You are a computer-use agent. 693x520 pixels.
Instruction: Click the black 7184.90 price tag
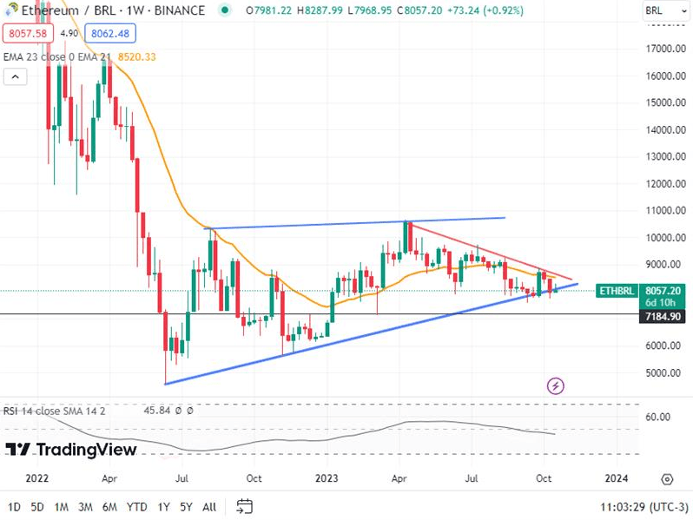point(663,318)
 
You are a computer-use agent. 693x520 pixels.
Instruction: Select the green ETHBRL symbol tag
point(617,292)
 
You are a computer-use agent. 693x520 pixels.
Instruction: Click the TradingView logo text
point(72,450)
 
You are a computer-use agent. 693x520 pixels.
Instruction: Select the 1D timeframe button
point(15,506)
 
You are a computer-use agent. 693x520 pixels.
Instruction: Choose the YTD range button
point(136,506)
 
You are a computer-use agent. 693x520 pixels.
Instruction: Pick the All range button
point(209,506)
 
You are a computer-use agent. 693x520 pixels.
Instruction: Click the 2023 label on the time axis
point(326,478)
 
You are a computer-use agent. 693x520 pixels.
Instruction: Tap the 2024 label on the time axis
point(616,478)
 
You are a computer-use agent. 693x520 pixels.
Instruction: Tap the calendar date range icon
point(244,506)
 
